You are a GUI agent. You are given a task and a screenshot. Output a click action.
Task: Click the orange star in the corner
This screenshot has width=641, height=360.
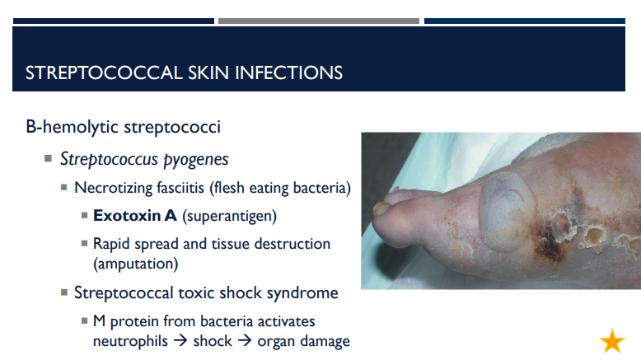[612, 340]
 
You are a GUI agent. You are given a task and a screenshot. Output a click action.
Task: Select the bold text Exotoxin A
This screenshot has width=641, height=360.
[135, 217]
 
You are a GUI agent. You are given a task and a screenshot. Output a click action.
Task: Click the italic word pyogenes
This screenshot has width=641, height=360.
[196, 159]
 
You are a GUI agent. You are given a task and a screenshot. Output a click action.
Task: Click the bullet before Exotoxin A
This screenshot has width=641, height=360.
[85, 217]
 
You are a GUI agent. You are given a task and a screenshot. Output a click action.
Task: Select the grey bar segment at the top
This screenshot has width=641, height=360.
[318, 20]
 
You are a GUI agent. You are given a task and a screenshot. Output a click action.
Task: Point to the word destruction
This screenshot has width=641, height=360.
[291, 245]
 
